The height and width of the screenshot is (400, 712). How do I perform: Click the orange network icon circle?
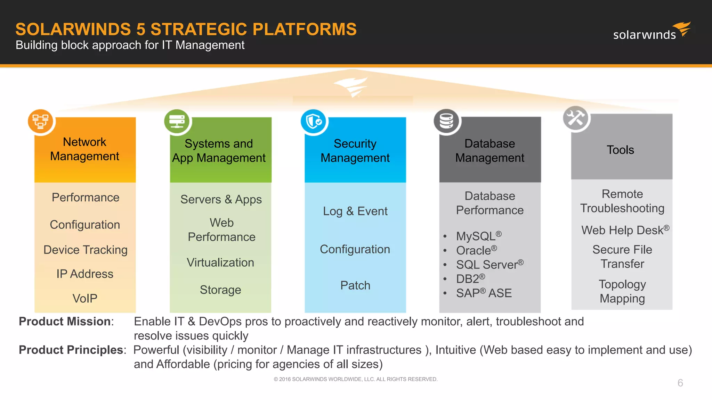pos(41,121)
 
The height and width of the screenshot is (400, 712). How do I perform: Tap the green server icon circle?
pos(177,121)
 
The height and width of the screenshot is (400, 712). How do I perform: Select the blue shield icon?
pos(314,121)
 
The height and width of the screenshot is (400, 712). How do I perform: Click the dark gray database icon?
pos(446,121)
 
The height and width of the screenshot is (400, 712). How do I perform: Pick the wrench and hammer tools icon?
pos(576,118)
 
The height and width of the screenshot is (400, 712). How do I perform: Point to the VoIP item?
pos(85,298)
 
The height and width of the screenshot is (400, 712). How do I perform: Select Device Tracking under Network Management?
pos(86,250)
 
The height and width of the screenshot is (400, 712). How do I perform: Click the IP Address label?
pos(85,274)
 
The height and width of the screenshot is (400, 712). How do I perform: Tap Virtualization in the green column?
pos(220,262)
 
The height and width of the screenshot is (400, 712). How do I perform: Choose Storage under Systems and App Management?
pos(220,290)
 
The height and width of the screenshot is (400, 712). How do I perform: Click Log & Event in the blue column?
pos(355,211)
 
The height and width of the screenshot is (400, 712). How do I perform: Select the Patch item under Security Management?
pos(355,285)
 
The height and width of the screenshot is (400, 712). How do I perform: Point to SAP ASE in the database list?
pos(484,293)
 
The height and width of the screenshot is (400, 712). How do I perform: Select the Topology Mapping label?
pos(622,291)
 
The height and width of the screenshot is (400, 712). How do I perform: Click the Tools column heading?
pos(620,150)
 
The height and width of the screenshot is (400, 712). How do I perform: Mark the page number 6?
pos(680,383)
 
